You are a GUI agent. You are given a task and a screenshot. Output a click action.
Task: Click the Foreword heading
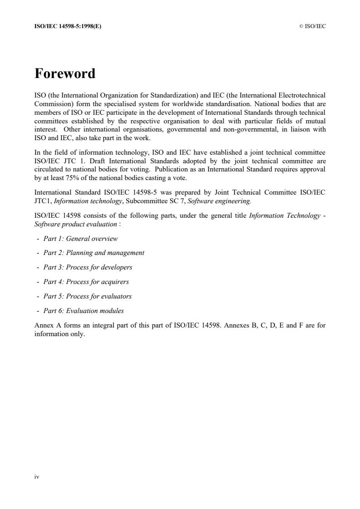coord(65,73)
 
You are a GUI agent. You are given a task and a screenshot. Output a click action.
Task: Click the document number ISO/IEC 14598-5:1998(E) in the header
coord(68,26)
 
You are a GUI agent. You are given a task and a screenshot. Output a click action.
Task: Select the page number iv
coord(37,477)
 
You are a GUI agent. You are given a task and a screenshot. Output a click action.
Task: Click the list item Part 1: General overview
coord(80,239)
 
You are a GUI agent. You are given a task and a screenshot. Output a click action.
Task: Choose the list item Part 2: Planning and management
coord(94,253)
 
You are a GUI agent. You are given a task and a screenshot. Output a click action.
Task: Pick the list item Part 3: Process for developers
coord(88,267)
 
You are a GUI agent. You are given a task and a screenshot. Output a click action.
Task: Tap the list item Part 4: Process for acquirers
coord(86,282)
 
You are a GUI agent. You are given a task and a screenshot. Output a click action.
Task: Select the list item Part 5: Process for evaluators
coord(87,296)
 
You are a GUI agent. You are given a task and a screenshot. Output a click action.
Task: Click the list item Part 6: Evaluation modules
coord(84,311)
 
